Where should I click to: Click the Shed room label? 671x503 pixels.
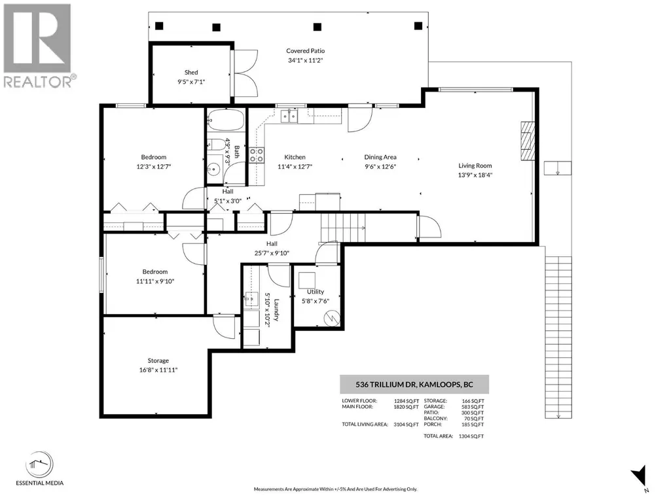pyautogui.click(x=191, y=73)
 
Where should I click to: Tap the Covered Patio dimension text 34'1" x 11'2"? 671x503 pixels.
pyautogui.click(x=305, y=60)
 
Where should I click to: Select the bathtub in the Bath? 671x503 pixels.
pyautogui.click(x=225, y=120)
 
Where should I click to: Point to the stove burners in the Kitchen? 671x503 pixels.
pyautogui.click(x=257, y=155)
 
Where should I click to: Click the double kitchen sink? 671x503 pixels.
pyautogui.click(x=289, y=116)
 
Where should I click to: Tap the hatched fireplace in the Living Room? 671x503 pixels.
pyautogui.click(x=528, y=141)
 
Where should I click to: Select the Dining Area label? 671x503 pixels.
pyautogui.click(x=380, y=157)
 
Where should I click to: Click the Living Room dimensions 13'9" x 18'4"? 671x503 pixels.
pyautogui.click(x=475, y=175)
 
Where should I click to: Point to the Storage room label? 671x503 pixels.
pyautogui.click(x=158, y=360)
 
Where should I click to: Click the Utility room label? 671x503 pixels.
pyautogui.click(x=316, y=292)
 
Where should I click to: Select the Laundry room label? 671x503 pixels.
pyautogui.click(x=276, y=309)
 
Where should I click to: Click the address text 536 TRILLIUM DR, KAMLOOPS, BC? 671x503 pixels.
pyautogui.click(x=414, y=384)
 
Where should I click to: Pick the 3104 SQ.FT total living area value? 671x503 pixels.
pyautogui.click(x=406, y=425)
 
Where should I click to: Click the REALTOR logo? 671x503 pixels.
pyautogui.click(x=38, y=46)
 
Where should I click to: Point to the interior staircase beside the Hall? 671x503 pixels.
pyautogui.click(x=343, y=227)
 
